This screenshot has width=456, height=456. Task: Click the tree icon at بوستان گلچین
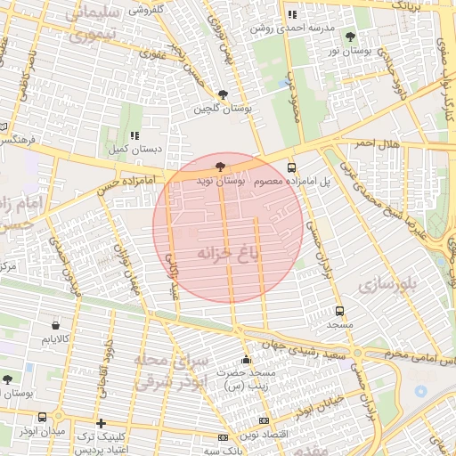coord(223,94)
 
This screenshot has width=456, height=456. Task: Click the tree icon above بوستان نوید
coord(220,167)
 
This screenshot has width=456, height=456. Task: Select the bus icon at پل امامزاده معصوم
coord(291,167)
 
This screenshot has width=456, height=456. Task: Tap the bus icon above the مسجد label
coord(339,311)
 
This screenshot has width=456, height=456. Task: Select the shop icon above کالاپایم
coord(57,325)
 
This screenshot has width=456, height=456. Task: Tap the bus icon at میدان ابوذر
coord(43,417)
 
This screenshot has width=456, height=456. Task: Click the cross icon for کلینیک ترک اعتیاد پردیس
coord(101,423)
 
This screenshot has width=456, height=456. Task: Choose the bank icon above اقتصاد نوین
coord(263,420)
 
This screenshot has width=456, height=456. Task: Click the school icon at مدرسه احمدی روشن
coord(292,14)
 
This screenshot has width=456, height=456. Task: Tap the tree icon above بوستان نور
coord(348,37)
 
